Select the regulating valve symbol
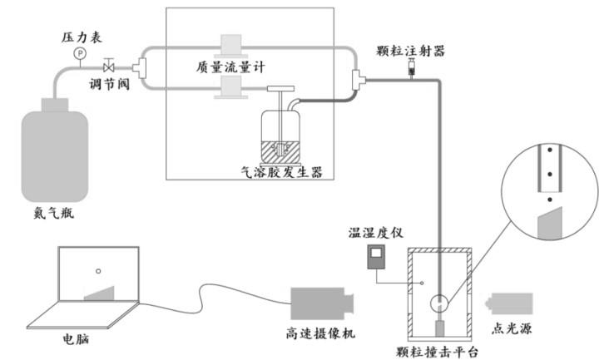click(108, 65)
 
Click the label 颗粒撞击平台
click(438, 352)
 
